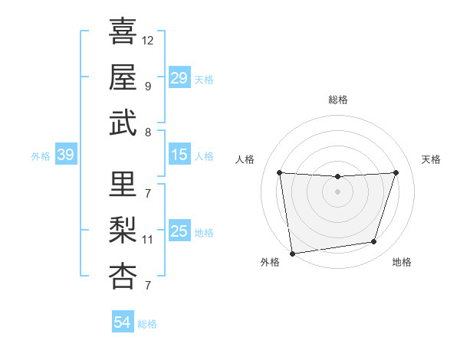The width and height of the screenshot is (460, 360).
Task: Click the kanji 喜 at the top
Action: coord(123,31)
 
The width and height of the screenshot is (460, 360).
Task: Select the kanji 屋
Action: coord(123,77)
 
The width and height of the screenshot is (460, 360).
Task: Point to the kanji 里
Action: coord(123,184)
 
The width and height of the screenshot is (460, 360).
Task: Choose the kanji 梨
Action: coord(123,230)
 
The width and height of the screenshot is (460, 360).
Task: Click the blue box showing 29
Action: coord(179,78)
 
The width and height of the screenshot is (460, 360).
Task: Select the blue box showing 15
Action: coord(179,155)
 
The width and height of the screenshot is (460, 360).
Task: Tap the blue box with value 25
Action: coord(179,231)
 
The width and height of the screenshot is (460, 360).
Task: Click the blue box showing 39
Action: coord(65,155)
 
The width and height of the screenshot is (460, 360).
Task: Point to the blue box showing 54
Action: coord(122,322)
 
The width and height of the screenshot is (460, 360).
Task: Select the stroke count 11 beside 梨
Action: coord(148,239)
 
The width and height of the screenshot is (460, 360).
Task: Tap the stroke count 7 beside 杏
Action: coord(147,286)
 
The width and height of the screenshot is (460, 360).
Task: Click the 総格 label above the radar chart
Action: coord(337,100)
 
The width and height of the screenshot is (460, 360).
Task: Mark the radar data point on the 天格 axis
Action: coord(396,172)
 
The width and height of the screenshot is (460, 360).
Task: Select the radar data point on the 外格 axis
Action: coord(292,253)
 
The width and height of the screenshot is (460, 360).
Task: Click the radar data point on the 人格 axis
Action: coord(279,172)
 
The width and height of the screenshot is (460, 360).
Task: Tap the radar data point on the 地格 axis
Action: coord(374,242)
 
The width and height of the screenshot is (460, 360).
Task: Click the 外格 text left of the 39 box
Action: coord(41,156)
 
